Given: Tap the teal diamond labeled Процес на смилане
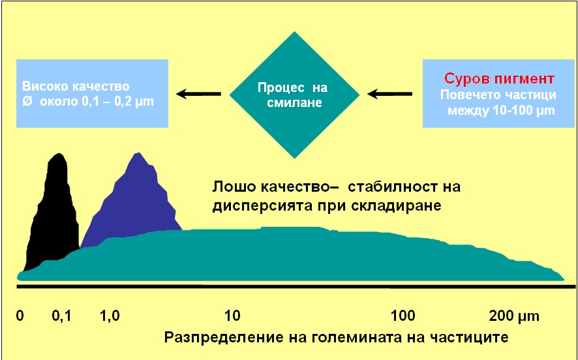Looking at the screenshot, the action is (294, 95).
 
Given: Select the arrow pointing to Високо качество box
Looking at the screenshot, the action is (198, 94).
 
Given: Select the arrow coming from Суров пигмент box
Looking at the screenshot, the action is (389, 94).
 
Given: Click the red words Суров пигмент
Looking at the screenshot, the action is (499, 78).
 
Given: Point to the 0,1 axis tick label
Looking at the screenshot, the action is (61, 316).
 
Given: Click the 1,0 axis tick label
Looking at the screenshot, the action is (110, 316).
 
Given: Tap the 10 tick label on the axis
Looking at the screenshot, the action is (232, 316).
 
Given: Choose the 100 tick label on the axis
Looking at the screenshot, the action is (403, 316).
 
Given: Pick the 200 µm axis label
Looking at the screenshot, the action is (514, 316).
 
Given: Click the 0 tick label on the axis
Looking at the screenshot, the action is (20, 316).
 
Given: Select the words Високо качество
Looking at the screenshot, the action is (76, 86).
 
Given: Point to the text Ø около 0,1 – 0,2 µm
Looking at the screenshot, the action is (87, 102).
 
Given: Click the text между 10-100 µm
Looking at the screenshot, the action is (501, 110).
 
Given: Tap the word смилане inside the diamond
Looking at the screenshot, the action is (294, 102).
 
